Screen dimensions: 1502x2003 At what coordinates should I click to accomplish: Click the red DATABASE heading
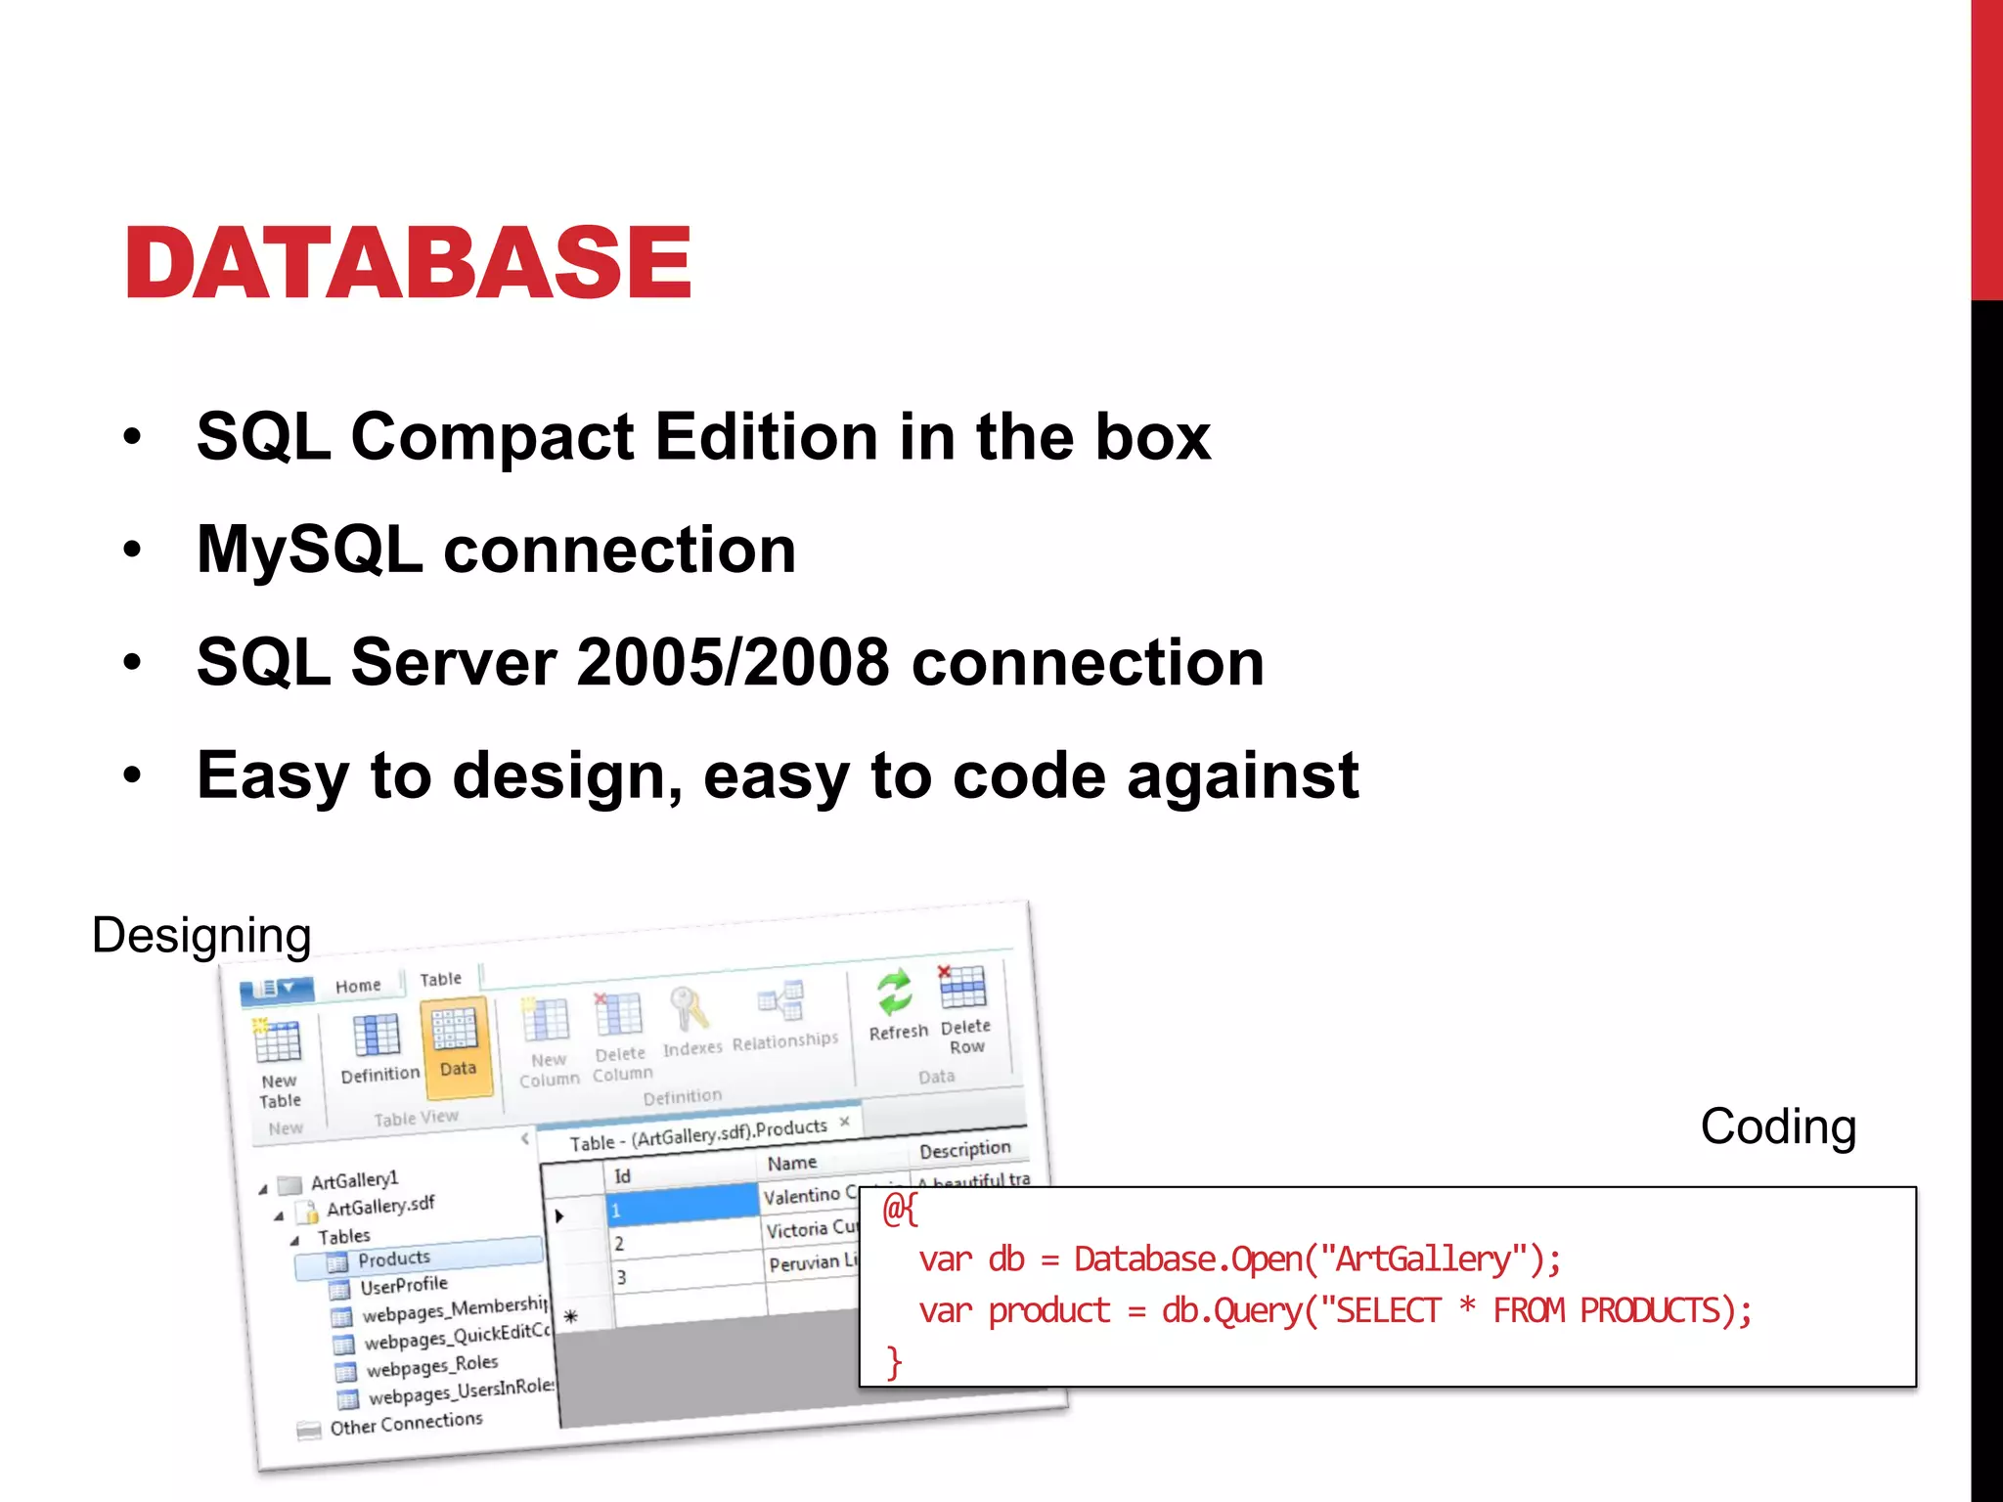coord(408,262)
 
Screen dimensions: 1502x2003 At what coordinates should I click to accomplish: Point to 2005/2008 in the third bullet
coord(734,663)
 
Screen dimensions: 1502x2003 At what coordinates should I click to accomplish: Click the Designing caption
coord(201,936)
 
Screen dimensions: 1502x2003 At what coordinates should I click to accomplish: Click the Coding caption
coord(1777,1126)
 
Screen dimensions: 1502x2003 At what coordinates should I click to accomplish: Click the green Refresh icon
coord(895,994)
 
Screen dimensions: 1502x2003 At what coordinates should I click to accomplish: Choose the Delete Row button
coord(964,1007)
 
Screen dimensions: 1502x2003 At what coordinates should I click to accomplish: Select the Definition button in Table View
coord(378,1047)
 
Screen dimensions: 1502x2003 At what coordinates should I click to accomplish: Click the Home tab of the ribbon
coord(358,986)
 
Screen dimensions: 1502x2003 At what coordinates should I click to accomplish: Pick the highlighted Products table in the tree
coord(393,1259)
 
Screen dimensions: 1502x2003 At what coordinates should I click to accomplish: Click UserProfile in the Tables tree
coord(403,1285)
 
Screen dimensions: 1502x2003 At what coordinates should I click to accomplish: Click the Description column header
coord(964,1149)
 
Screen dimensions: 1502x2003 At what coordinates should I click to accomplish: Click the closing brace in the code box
coord(893,1361)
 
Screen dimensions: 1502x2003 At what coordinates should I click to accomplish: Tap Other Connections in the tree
coord(406,1423)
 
